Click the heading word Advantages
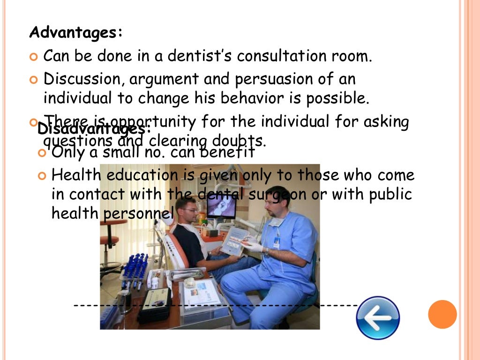(75, 33)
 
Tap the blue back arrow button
(378, 317)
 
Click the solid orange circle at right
(442, 314)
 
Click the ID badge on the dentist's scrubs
(277, 242)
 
